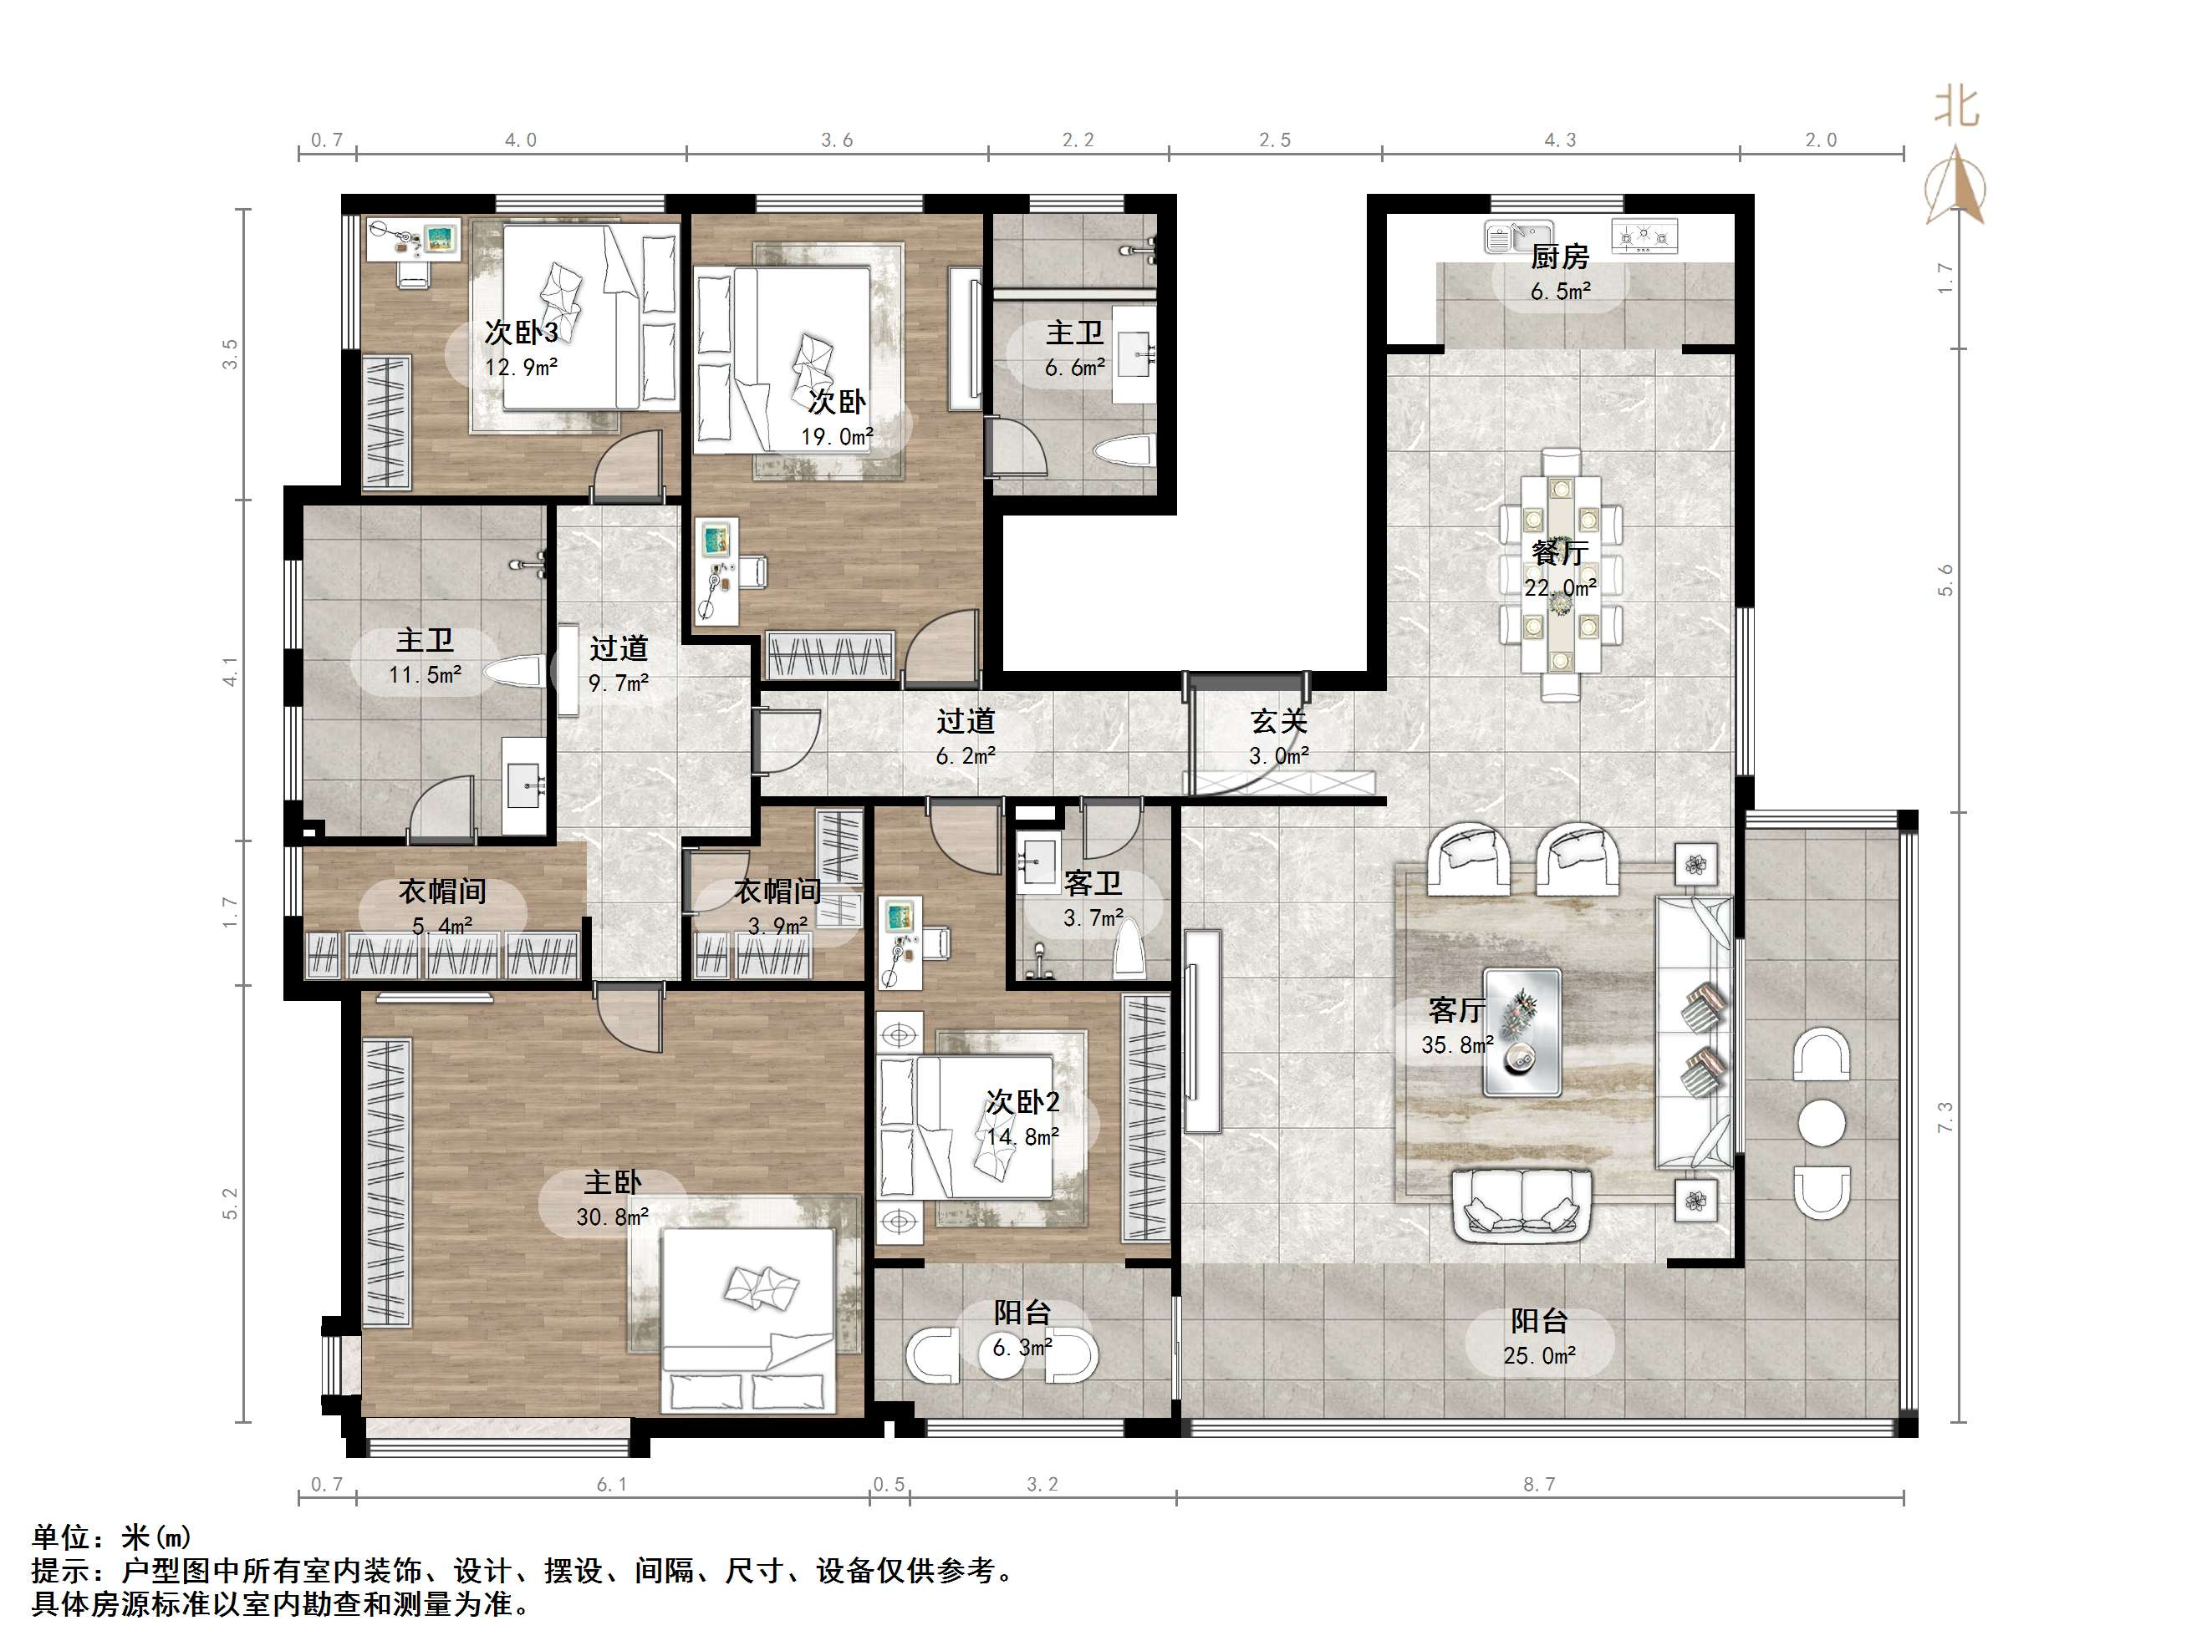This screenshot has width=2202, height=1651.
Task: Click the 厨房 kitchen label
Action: pos(1559,257)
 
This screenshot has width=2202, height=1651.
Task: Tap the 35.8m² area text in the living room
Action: pos(1457,1045)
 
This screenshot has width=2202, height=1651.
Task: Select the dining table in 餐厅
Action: pos(1560,575)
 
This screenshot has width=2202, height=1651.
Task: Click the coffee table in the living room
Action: pos(1522,1032)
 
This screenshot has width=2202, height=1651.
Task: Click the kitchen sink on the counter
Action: pos(1519,236)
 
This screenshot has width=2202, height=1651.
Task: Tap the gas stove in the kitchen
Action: pos(1644,236)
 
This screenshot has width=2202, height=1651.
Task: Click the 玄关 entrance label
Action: pos(1278,722)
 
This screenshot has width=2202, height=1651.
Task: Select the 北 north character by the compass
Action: pos(1956,108)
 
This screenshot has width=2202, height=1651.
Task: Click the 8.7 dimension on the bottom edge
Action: pos(1538,1484)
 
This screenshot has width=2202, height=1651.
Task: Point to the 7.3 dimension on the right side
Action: pos(1946,1116)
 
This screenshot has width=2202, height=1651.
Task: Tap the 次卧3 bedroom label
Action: pos(521,333)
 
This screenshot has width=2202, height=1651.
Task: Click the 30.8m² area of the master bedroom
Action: pos(612,1216)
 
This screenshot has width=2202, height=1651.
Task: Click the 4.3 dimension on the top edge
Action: pos(1560,140)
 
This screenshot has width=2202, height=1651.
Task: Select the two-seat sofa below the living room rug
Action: pos(1522,1204)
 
